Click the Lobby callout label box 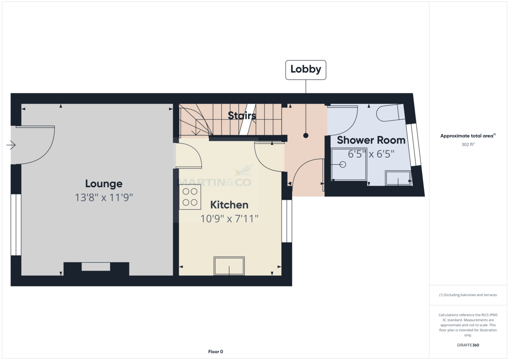pyautogui.click(x=306, y=70)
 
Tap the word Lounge pyautogui.click(x=103, y=184)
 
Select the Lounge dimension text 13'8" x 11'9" pyautogui.click(x=104, y=197)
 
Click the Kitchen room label pyautogui.click(x=229, y=205)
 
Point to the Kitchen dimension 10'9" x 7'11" pyautogui.click(x=229, y=219)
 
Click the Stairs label pyautogui.click(x=242, y=115)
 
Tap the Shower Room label pyautogui.click(x=371, y=140)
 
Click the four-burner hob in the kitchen pyautogui.click(x=190, y=197)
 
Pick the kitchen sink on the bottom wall pyautogui.click(x=229, y=266)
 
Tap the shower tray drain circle pyautogui.click(x=343, y=164)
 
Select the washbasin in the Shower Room pyautogui.click(x=398, y=178)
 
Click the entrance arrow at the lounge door pyautogui.click(x=11, y=145)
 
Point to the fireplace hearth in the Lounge pyautogui.click(x=96, y=267)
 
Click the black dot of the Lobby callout pyautogui.click(x=306, y=136)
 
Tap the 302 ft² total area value pyautogui.click(x=468, y=144)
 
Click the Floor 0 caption pyautogui.click(x=215, y=352)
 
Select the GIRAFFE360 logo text pyautogui.click(x=468, y=345)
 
